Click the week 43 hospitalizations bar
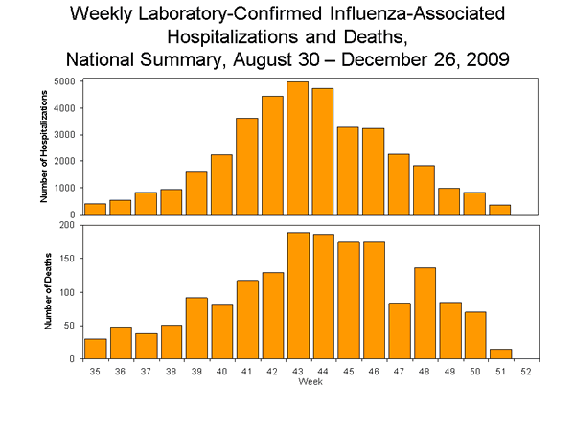click(x=297, y=148)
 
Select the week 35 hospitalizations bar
click(x=95, y=209)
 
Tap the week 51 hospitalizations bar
click(x=499, y=210)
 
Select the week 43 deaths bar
click(x=297, y=296)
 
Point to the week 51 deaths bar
click(x=499, y=354)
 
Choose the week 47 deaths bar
click(x=399, y=331)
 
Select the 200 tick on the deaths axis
click(x=70, y=226)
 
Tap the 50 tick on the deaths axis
click(x=72, y=327)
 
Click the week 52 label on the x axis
click(x=525, y=372)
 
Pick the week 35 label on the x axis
click(x=95, y=372)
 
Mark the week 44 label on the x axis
click(x=323, y=372)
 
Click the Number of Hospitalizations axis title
click(x=45, y=147)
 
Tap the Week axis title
click(x=310, y=382)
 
